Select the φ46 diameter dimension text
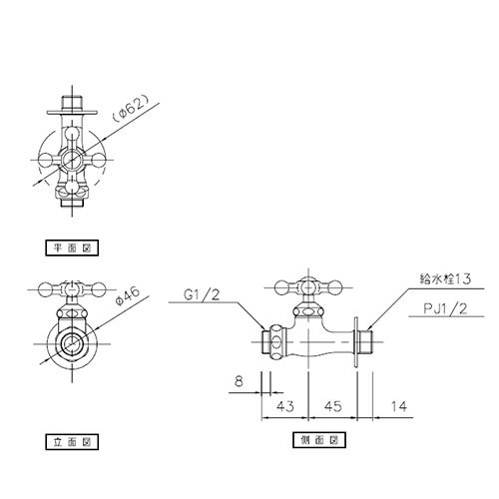click(x=128, y=296)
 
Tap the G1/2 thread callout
click(x=202, y=294)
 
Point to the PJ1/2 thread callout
click(x=445, y=308)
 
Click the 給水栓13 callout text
click(x=445, y=278)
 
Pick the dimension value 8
click(x=239, y=381)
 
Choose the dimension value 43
click(x=285, y=406)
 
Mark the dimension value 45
click(x=333, y=406)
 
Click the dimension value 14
click(x=399, y=406)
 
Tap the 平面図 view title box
click(x=72, y=248)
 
